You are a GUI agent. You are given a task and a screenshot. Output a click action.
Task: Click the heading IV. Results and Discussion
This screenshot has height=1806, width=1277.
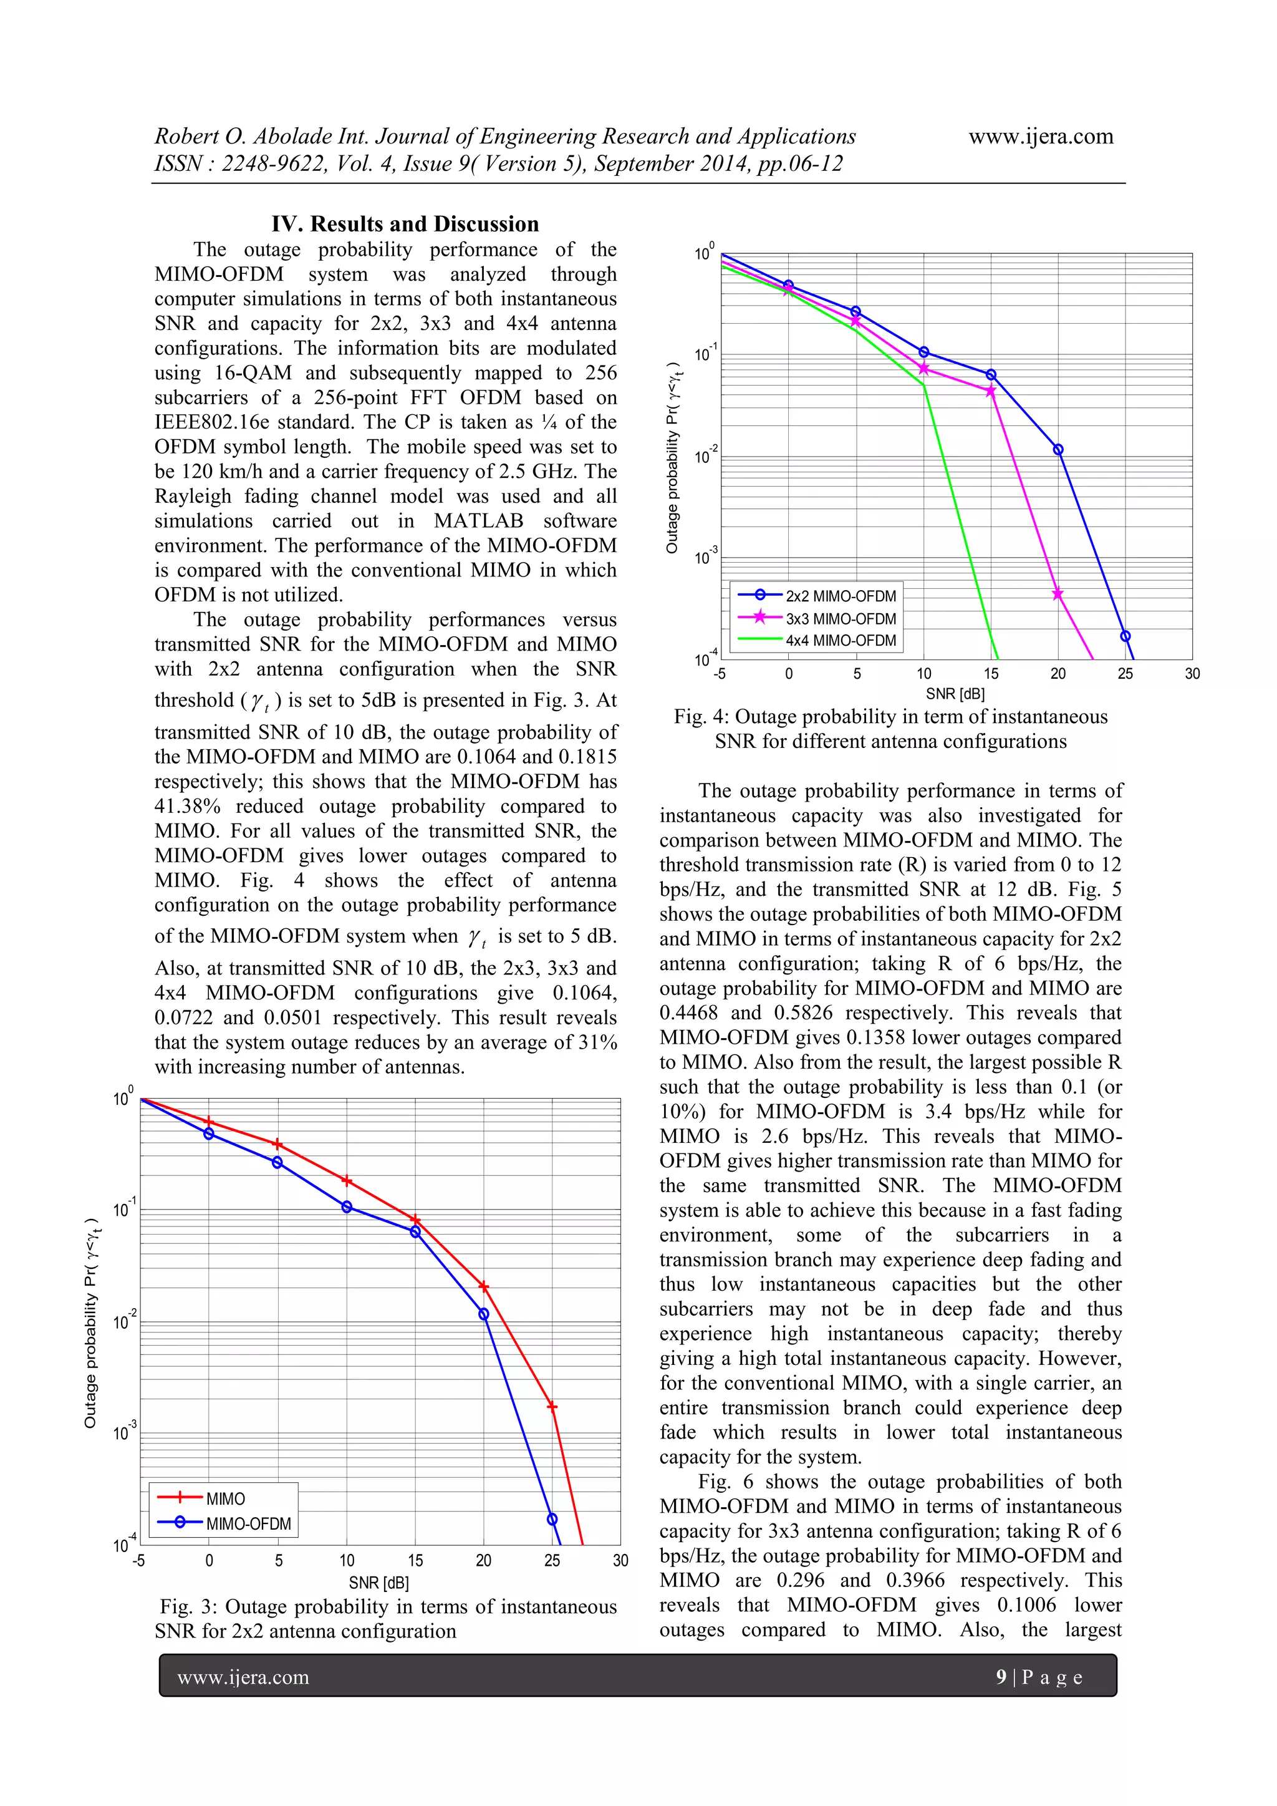405,224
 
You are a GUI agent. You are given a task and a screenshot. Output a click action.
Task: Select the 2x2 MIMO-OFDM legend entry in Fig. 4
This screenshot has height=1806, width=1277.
840,596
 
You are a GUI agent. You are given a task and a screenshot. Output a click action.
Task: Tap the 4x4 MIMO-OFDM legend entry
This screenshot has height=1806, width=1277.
840,640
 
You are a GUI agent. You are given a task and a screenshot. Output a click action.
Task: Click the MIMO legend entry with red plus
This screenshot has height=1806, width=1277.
225,1498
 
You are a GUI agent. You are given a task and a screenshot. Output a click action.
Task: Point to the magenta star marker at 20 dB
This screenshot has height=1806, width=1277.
1058,594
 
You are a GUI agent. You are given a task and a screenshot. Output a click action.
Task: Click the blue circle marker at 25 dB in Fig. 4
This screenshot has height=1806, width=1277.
1125,636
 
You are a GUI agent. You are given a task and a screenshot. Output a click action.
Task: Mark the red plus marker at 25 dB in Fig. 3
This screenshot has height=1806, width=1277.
552,1406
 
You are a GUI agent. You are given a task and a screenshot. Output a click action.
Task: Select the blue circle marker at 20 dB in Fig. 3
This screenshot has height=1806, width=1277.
484,1314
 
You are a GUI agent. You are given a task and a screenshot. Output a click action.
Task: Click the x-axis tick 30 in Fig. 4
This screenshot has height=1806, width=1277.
1192,673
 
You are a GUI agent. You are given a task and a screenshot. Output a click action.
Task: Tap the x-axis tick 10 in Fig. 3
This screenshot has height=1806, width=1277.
347,1561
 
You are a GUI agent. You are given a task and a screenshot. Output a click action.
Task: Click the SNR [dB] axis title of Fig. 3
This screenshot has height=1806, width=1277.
379,1583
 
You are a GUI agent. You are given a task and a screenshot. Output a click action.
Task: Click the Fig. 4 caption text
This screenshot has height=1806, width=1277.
890,729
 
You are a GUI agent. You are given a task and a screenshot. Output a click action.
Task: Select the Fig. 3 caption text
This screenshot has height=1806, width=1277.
388,1619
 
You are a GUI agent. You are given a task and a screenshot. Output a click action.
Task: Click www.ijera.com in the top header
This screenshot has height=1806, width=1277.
1040,136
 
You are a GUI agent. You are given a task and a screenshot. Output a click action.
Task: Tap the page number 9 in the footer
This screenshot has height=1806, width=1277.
1001,1677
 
